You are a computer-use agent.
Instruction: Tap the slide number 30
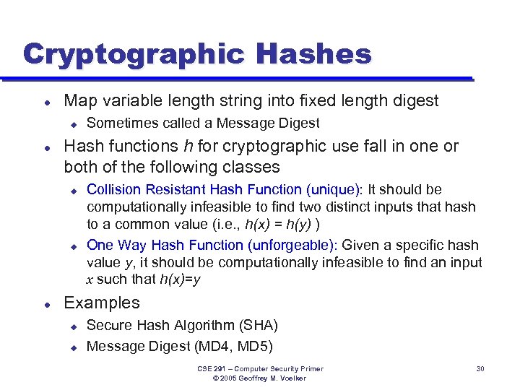pos(480,369)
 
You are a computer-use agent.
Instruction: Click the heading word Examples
pos(102,303)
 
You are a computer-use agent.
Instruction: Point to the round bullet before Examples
pos(45,304)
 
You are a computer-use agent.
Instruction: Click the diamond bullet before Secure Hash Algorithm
pos(73,326)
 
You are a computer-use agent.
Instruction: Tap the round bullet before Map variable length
pos(45,102)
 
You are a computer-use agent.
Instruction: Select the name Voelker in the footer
pos(292,378)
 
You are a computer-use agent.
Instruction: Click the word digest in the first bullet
pos(415,101)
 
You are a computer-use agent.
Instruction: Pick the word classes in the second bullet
pos(253,167)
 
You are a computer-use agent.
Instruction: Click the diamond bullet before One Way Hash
pos(73,246)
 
